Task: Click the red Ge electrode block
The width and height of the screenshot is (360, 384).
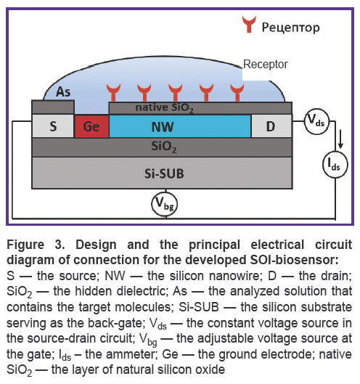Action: click(91, 126)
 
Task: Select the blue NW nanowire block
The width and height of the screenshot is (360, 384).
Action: click(180, 126)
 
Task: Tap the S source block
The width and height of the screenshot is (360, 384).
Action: click(53, 126)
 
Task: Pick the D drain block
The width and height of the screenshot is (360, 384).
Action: click(271, 126)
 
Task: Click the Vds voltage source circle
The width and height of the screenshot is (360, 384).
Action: click(316, 121)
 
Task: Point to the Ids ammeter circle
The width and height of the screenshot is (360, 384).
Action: click(335, 164)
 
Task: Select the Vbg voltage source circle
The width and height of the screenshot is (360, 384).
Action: click(164, 204)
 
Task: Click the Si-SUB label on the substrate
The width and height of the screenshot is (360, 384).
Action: click(164, 173)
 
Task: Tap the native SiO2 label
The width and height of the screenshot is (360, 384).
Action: click(164, 108)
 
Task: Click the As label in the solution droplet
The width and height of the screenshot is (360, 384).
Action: click(63, 92)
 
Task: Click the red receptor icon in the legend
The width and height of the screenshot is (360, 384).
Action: click(249, 24)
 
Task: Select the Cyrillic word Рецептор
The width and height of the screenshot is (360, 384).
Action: click(291, 28)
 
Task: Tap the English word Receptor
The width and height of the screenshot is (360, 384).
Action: click(266, 65)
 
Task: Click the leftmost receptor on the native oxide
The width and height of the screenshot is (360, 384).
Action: click(113, 92)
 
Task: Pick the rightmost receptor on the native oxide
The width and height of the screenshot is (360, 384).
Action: click(237, 92)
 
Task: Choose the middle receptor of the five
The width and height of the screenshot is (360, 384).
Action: click(176, 92)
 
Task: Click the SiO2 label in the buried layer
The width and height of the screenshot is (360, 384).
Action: click(164, 147)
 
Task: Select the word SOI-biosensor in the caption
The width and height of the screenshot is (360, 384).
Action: click(294, 260)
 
